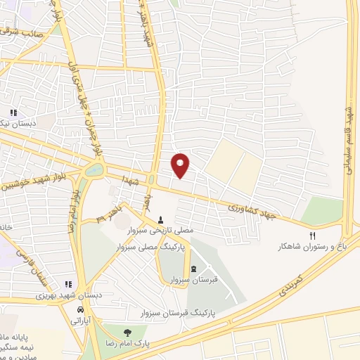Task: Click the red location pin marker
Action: (181, 165)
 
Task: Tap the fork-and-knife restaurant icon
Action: (313, 236)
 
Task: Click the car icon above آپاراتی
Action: (81, 309)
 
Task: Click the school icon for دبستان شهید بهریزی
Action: (68, 284)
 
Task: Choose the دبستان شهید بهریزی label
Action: (70, 296)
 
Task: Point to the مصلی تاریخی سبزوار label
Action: (163, 230)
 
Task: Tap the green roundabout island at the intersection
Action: (93, 171)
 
